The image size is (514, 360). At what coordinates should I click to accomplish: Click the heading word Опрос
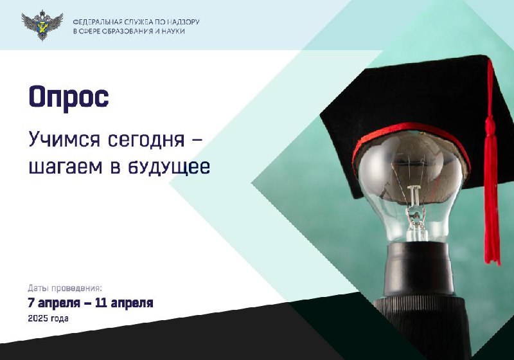69,96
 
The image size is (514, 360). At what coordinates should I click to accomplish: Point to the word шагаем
66,167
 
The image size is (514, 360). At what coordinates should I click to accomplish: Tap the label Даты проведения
65,289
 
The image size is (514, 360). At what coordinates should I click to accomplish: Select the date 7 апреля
54,303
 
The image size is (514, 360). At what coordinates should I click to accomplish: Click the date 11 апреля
124,303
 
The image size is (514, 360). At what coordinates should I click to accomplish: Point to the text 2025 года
48,318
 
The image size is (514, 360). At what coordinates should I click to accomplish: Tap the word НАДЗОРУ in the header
183,22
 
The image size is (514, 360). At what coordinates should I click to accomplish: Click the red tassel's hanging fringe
492,203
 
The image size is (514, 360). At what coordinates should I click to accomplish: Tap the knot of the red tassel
490,125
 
